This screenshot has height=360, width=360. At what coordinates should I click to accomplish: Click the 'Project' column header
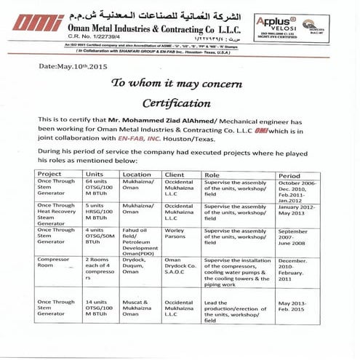pos(50,175)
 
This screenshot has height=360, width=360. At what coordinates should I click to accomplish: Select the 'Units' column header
pos(95,175)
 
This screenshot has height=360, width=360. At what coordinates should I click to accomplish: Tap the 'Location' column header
pos(137,175)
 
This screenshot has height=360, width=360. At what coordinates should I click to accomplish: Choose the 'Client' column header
pos(176,175)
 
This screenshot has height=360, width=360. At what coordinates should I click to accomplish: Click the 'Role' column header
pos(212,175)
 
